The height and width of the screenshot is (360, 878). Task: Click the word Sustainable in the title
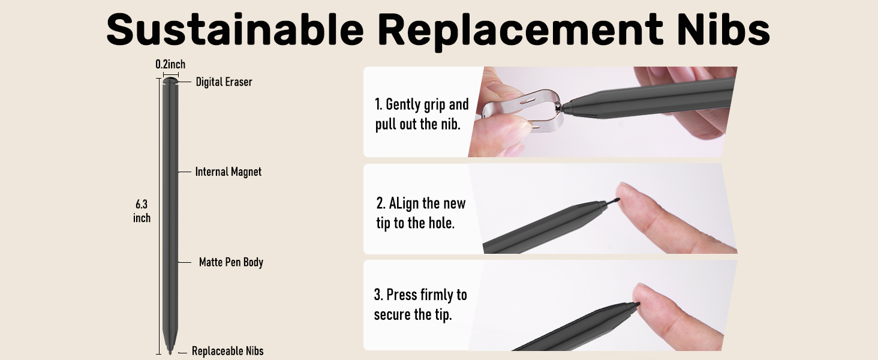235,29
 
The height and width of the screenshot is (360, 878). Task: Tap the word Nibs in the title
723,29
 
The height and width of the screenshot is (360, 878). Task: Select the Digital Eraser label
224,82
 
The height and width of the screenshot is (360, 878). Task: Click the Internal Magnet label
228,172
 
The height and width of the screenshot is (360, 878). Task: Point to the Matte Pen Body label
231,262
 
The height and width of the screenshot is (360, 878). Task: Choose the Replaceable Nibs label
227,351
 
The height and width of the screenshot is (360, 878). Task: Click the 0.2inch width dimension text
170,64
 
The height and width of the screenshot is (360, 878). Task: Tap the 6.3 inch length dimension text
142,211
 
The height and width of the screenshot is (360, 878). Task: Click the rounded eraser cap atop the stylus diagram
170,80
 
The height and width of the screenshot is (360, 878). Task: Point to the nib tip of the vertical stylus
170,352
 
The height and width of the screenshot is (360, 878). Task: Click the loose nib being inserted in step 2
612,202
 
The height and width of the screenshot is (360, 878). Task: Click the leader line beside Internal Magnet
184,172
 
